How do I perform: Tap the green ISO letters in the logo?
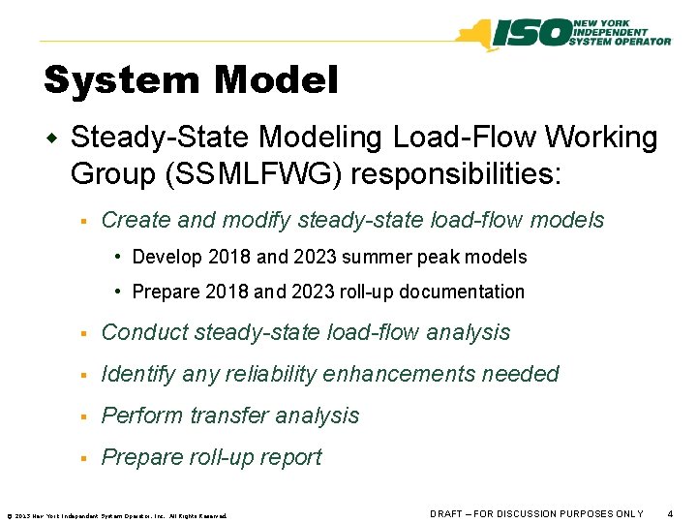pyautogui.click(x=531, y=34)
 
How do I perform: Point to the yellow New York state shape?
pyautogui.click(x=475, y=35)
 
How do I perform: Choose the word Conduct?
pyautogui.click(x=144, y=332)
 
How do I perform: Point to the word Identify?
pyautogui.click(x=138, y=374)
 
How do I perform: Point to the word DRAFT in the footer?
pyautogui.click(x=447, y=513)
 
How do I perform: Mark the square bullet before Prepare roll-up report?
pyautogui.click(x=85, y=458)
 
